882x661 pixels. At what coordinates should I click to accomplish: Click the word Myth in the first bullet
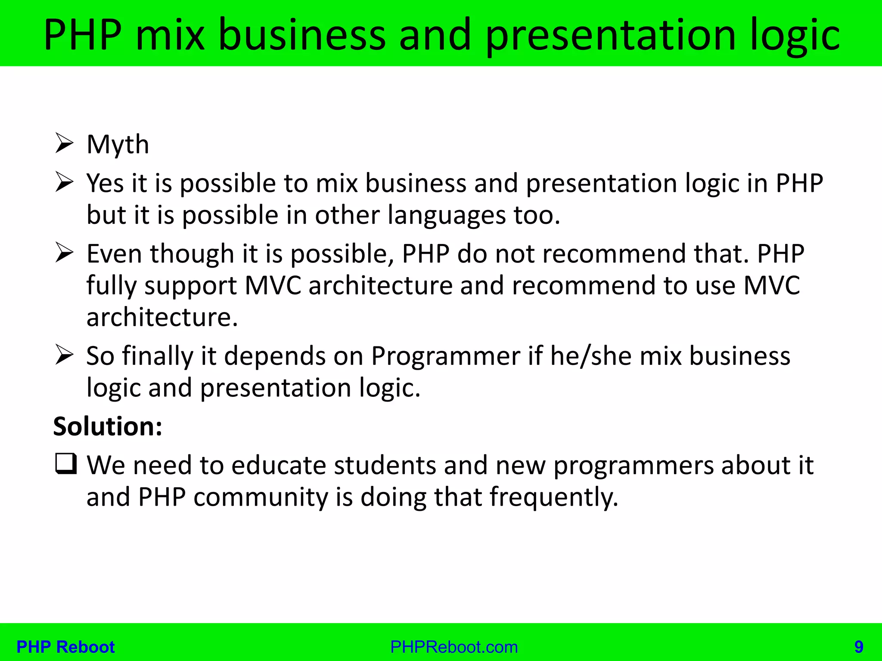pos(118,145)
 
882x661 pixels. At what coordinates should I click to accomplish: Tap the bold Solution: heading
pos(108,426)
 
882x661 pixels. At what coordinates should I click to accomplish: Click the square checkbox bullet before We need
pos(66,464)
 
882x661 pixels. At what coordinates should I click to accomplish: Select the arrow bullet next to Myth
pos(65,143)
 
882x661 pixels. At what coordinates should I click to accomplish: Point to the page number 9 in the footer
pos(859,647)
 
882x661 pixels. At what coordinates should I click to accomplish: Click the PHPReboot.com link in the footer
pos(454,647)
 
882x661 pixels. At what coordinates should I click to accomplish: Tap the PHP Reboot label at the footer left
pos(65,647)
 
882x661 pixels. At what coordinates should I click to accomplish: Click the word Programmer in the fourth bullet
pos(446,357)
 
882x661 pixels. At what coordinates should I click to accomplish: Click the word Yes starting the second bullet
pos(105,183)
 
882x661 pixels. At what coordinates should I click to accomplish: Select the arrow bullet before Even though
pos(65,253)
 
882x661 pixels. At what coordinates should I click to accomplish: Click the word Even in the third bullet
pos(114,253)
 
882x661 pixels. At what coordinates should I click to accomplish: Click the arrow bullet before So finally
pos(65,355)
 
